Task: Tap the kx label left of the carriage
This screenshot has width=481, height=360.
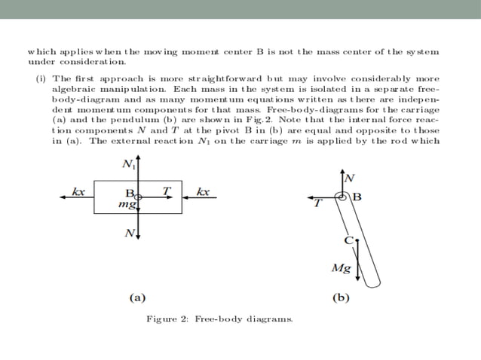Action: coord(78,191)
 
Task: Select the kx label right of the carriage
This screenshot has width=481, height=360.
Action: coord(202,191)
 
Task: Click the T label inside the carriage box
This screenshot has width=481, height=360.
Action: coord(166,191)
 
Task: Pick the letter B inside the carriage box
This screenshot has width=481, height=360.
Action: coord(129,193)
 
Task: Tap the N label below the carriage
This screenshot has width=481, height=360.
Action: coord(129,233)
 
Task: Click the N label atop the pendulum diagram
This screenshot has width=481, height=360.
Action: coord(349,178)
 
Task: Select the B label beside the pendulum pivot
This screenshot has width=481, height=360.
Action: coord(357,197)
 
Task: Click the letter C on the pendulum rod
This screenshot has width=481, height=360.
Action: coord(348,240)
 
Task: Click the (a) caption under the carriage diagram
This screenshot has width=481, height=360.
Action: coord(136,297)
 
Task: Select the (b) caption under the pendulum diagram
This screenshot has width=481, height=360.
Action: coord(341,297)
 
